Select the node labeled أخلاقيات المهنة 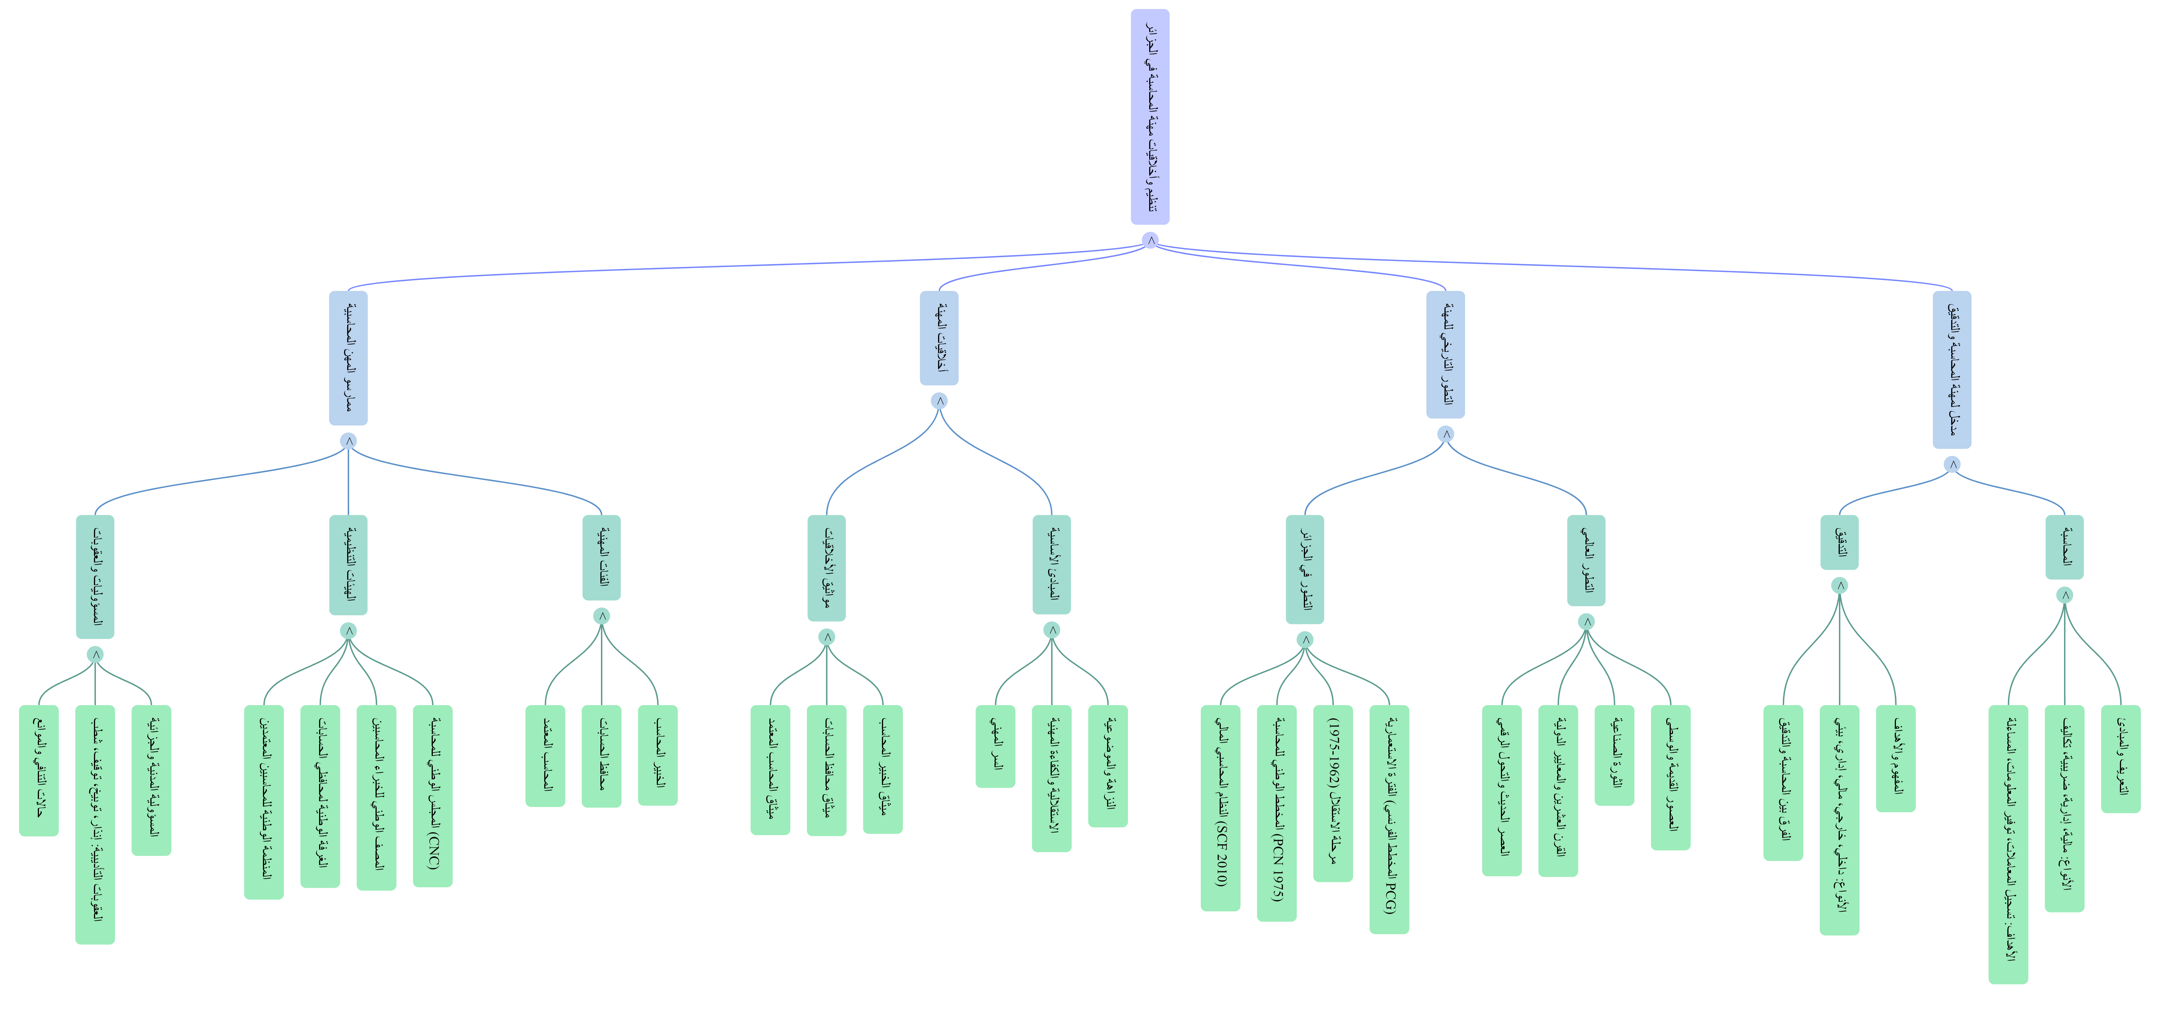939,338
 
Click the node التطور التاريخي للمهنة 1446,354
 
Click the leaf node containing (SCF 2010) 1221,807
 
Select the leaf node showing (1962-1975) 1333,793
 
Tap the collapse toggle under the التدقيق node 1840,585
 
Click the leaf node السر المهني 995,746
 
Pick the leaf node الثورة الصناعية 1614,755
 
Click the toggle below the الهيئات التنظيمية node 349,631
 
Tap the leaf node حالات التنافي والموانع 39,770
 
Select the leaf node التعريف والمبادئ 2120,758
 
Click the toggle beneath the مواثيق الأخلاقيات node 827,637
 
